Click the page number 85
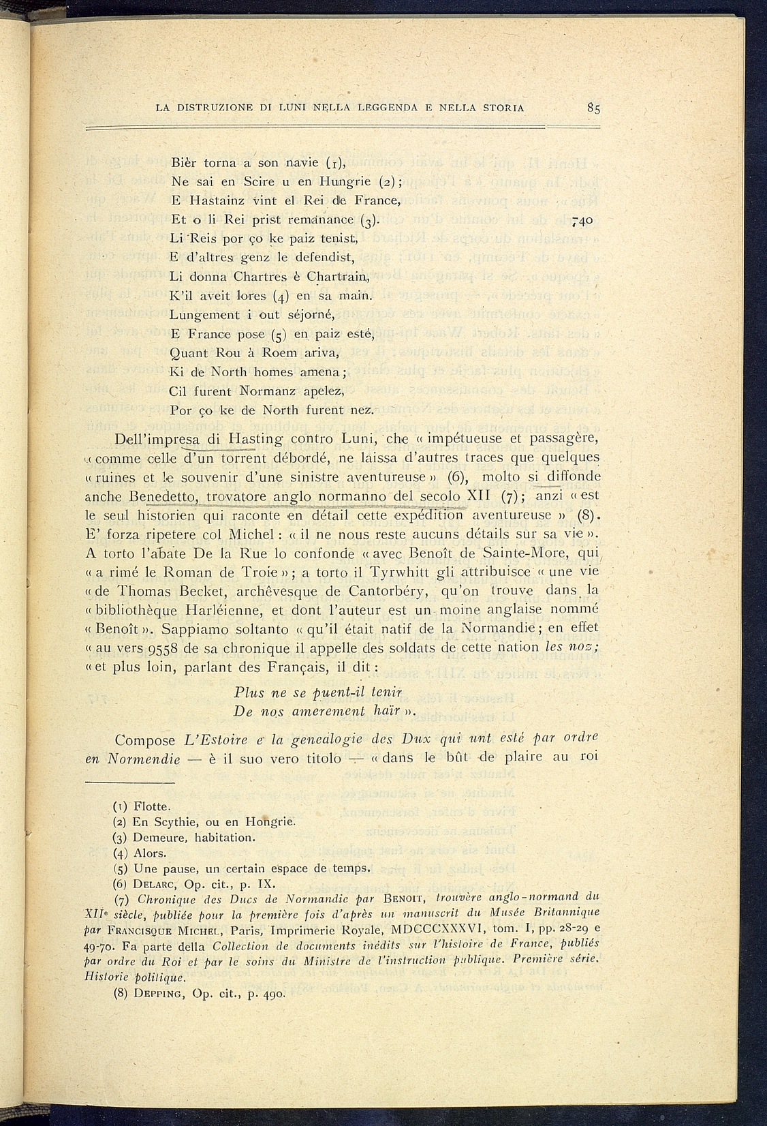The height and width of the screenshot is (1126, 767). (592, 107)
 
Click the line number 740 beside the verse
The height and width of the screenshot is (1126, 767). (584, 221)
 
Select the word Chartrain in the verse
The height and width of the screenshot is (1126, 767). (336, 277)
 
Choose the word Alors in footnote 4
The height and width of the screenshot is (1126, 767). (150, 853)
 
